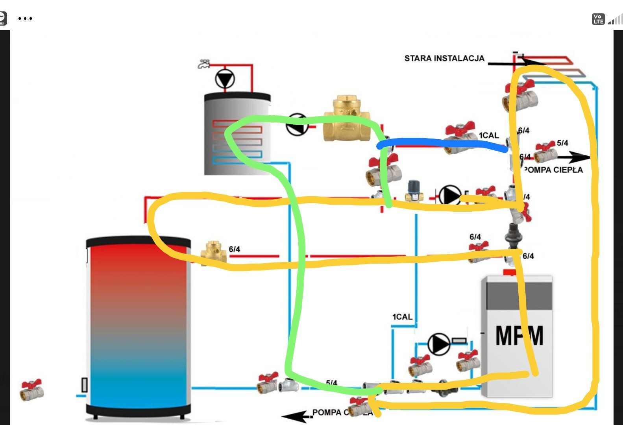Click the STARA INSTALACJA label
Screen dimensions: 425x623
(x=444, y=59)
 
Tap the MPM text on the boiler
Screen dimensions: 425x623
(x=519, y=336)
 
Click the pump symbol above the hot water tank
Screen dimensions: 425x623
(x=225, y=79)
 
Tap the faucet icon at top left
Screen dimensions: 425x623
(x=203, y=64)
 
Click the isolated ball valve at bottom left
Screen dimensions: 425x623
(x=31, y=390)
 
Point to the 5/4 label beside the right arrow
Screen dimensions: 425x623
(x=562, y=143)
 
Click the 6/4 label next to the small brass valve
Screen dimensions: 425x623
(x=234, y=249)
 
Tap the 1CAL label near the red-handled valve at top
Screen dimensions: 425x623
(x=489, y=135)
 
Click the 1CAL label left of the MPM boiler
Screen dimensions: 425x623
(x=402, y=317)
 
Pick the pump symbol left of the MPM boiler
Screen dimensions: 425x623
(x=438, y=344)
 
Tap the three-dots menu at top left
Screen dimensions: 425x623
(x=25, y=18)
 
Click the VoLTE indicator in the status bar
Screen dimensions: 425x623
(x=598, y=19)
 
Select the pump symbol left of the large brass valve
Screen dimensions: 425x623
(x=297, y=124)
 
